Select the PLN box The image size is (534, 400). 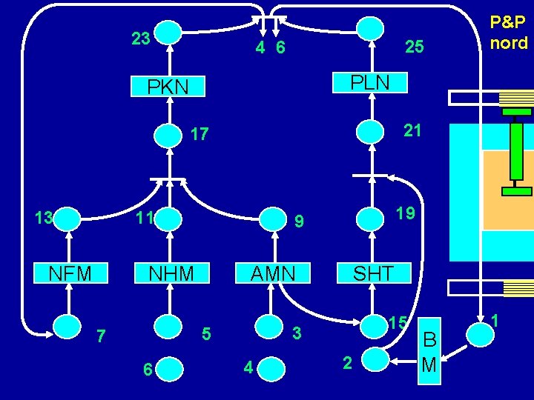370,81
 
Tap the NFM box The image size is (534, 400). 70,273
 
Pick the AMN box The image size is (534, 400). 272,273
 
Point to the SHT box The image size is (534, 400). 372,273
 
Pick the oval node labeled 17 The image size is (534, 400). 170,135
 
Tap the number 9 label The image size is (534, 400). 298,220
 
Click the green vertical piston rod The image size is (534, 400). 516,152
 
